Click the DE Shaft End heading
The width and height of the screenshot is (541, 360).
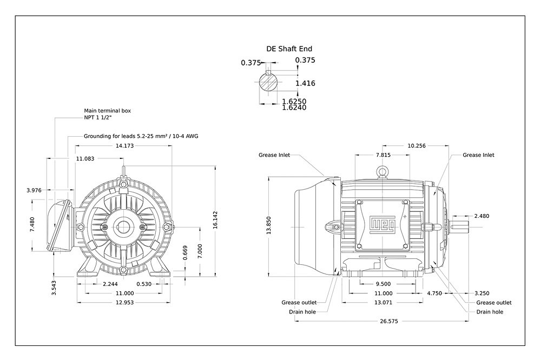click(289, 49)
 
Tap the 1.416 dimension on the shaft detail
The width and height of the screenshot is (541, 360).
click(305, 83)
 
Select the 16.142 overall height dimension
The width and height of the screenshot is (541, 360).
click(215, 220)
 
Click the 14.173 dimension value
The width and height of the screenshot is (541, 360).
click(124, 146)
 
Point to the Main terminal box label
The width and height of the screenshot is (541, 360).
click(107, 111)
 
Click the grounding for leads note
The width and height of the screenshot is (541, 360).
click(141, 136)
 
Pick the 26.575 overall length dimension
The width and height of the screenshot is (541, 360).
click(389, 321)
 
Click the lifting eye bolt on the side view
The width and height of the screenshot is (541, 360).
click(382, 171)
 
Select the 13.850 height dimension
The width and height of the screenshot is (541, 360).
click(269, 225)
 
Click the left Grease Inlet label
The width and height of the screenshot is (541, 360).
click(274, 155)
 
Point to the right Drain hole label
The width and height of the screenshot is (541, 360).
click(490, 312)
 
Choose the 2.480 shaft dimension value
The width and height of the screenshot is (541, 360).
click(481, 216)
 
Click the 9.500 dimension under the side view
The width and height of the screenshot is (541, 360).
click(383, 284)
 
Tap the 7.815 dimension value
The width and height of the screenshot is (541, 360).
click(383, 155)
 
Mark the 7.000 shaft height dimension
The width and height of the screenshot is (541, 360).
click(200, 251)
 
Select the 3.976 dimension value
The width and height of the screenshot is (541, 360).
click(34, 190)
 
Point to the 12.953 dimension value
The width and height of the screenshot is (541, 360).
click(124, 302)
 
